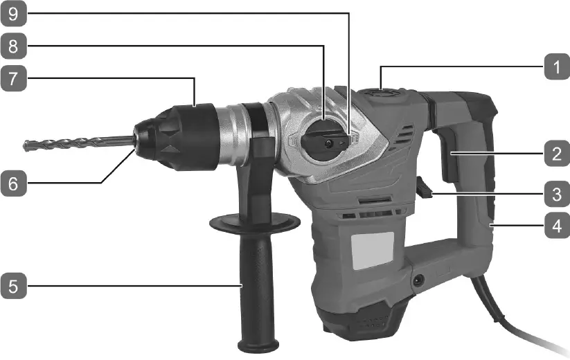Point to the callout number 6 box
click(x=15, y=183)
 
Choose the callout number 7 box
click(x=15, y=79)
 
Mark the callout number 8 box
click(x=15, y=46)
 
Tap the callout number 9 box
click(x=15, y=14)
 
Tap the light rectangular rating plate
click(x=373, y=251)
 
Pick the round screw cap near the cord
click(x=418, y=280)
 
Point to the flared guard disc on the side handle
click(x=255, y=224)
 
